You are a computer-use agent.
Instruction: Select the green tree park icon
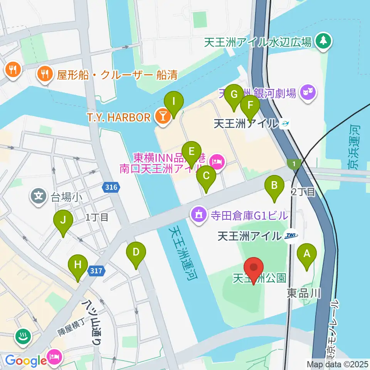tap(323, 41)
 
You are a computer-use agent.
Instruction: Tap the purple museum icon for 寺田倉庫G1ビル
tap(199, 214)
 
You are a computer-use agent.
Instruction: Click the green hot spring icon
tap(22, 336)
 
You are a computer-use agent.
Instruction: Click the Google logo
tap(25, 361)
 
